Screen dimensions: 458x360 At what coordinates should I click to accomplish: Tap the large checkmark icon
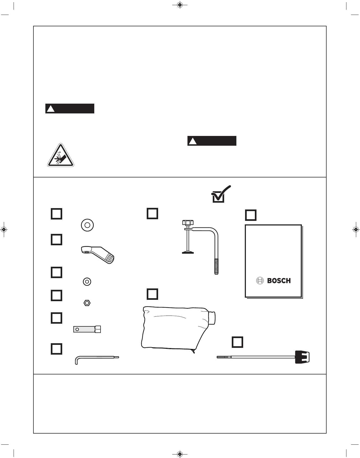point(221,194)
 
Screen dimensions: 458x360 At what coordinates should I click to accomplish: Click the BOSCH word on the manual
point(279,281)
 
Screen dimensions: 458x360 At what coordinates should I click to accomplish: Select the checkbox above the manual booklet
point(251,215)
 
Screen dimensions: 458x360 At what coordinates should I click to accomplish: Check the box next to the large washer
point(57,214)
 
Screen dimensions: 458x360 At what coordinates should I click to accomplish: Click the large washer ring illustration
point(87,225)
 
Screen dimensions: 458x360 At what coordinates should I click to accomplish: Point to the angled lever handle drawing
point(98,254)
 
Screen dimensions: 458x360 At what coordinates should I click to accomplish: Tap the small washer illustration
point(87,282)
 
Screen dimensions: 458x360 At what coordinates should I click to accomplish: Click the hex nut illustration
point(87,303)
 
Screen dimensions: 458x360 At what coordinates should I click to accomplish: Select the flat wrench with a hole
point(87,329)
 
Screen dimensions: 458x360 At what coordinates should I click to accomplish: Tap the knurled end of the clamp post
point(216,266)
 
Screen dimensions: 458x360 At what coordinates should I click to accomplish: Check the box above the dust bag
point(152,294)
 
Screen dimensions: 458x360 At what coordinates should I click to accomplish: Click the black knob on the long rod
point(302,357)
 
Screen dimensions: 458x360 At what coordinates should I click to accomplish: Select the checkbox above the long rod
point(237,342)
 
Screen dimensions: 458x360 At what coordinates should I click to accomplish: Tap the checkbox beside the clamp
point(152,214)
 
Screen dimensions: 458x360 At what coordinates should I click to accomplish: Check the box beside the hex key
point(57,349)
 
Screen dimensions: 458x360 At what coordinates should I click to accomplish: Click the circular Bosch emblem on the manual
point(260,281)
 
